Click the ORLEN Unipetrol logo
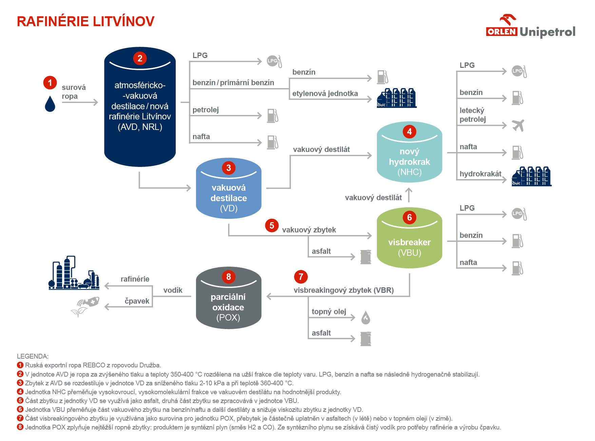coord(531,27)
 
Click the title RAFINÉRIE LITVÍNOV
coord(85,21)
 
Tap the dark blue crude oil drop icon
coord(50,104)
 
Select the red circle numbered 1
coord(50,82)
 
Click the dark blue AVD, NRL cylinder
coord(140,109)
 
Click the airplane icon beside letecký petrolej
coord(518,125)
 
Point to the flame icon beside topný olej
coord(365,318)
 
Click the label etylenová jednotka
coord(325,94)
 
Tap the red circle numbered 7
coord(301,277)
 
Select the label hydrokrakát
coord(480,174)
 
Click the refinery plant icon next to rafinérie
coord(74,274)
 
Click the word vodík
coord(173,290)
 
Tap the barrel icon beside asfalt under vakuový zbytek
coord(365,257)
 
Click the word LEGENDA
coord(33,356)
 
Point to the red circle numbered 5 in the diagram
coord(272,226)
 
